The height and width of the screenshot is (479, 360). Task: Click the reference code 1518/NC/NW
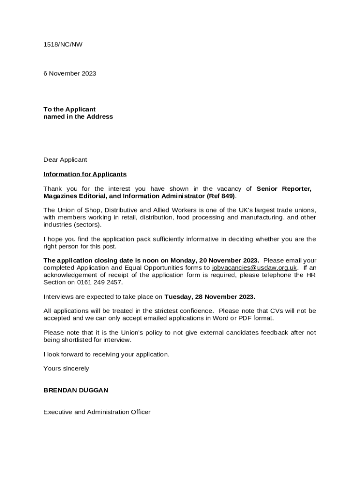63,44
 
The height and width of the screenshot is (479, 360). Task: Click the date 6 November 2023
70,73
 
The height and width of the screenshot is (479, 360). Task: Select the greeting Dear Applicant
65,160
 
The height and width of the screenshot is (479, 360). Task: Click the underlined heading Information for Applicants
85,174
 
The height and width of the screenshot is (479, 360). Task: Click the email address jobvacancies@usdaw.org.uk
254,268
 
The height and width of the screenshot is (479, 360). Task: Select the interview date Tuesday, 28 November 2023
209,297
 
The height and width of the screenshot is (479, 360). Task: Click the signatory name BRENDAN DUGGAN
76,390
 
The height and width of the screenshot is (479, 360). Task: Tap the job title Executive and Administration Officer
97,412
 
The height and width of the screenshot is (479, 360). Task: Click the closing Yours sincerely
66,368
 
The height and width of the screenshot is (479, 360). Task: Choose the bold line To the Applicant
70,109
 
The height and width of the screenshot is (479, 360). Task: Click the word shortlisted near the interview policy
78,340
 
